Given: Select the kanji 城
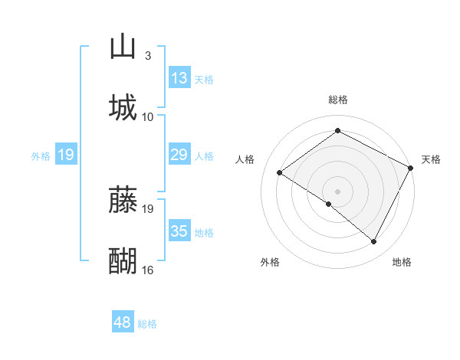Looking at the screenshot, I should pyautogui.click(x=123, y=107).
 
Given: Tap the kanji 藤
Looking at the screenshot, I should pyautogui.click(x=123, y=199).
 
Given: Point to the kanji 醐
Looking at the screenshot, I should pyautogui.click(x=123, y=260).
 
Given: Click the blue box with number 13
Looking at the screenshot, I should pyautogui.click(x=179, y=78).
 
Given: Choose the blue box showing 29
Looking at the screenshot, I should pyautogui.click(x=179, y=155).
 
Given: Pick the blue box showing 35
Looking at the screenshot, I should pyautogui.click(x=179, y=232).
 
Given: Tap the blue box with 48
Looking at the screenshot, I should pyautogui.click(x=123, y=322).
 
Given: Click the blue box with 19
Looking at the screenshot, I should pyautogui.click(x=66, y=155).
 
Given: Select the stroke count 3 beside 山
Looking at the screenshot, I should pyautogui.click(x=147, y=56).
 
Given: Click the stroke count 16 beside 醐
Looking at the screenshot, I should pyautogui.click(x=147, y=270).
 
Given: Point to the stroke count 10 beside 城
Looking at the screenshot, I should pyautogui.click(x=147, y=116).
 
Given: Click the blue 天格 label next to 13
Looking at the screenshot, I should pyautogui.click(x=204, y=79).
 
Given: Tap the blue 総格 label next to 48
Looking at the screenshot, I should pyautogui.click(x=147, y=324).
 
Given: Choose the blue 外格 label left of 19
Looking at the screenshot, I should pyautogui.click(x=41, y=156).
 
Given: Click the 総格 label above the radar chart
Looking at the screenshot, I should pyautogui.click(x=337, y=100).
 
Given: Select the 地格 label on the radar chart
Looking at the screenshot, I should pyautogui.click(x=402, y=262).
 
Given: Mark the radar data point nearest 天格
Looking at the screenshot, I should pyautogui.click(x=410, y=169).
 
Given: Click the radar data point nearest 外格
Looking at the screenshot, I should pyautogui.click(x=329, y=204).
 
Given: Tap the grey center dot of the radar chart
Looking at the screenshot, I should pyautogui.click(x=337, y=191).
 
